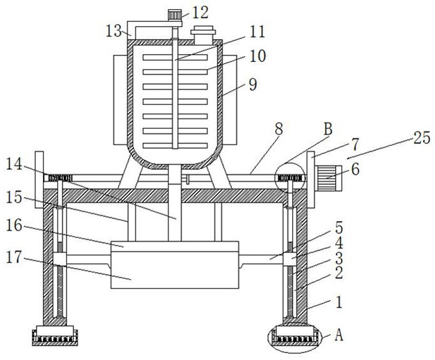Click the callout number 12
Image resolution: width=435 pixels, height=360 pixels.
200,13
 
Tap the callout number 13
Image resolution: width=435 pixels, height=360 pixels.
114,31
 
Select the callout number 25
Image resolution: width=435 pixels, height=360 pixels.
422,138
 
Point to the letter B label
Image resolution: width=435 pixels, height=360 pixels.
328,129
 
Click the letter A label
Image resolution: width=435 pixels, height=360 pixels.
339,335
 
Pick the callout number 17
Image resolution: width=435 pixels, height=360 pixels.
14,257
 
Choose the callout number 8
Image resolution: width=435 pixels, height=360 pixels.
278,129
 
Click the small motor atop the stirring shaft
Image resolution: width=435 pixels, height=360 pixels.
175,15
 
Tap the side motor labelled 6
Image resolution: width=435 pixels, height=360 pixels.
329,178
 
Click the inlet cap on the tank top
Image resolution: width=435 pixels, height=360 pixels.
203,35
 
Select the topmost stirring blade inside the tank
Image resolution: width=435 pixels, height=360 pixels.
175,57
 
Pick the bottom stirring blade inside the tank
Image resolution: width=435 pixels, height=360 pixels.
175,145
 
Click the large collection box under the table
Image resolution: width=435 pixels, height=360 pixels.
175,265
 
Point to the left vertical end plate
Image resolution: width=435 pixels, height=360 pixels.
39,179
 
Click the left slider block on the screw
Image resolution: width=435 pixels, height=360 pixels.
59,260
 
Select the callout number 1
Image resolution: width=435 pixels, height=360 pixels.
339,302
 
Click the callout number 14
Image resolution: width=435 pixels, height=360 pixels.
14,164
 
